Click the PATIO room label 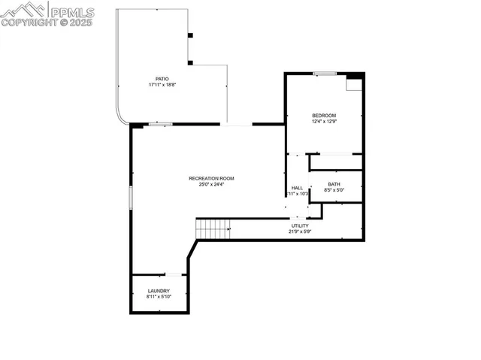pos(162,78)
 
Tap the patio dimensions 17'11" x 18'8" pos(162,84)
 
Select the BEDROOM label pos(324,115)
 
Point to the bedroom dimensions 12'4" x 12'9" pos(324,121)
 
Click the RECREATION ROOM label pos(211,178)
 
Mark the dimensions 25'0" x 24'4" pos(211,184)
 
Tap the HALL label pos(297,188)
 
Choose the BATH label pos(334,184)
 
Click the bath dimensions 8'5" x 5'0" pos(334,190)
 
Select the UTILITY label pos(300,225)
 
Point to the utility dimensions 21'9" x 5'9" pos(300,231)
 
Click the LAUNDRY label pos(159,291)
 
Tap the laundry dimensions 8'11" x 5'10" pos(159,297)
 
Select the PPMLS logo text pos(71,11)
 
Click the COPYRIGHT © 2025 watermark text pos(47,23)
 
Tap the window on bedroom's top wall pos(324,73)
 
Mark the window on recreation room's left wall pos(132,198)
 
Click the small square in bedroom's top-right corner pos(353,83)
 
